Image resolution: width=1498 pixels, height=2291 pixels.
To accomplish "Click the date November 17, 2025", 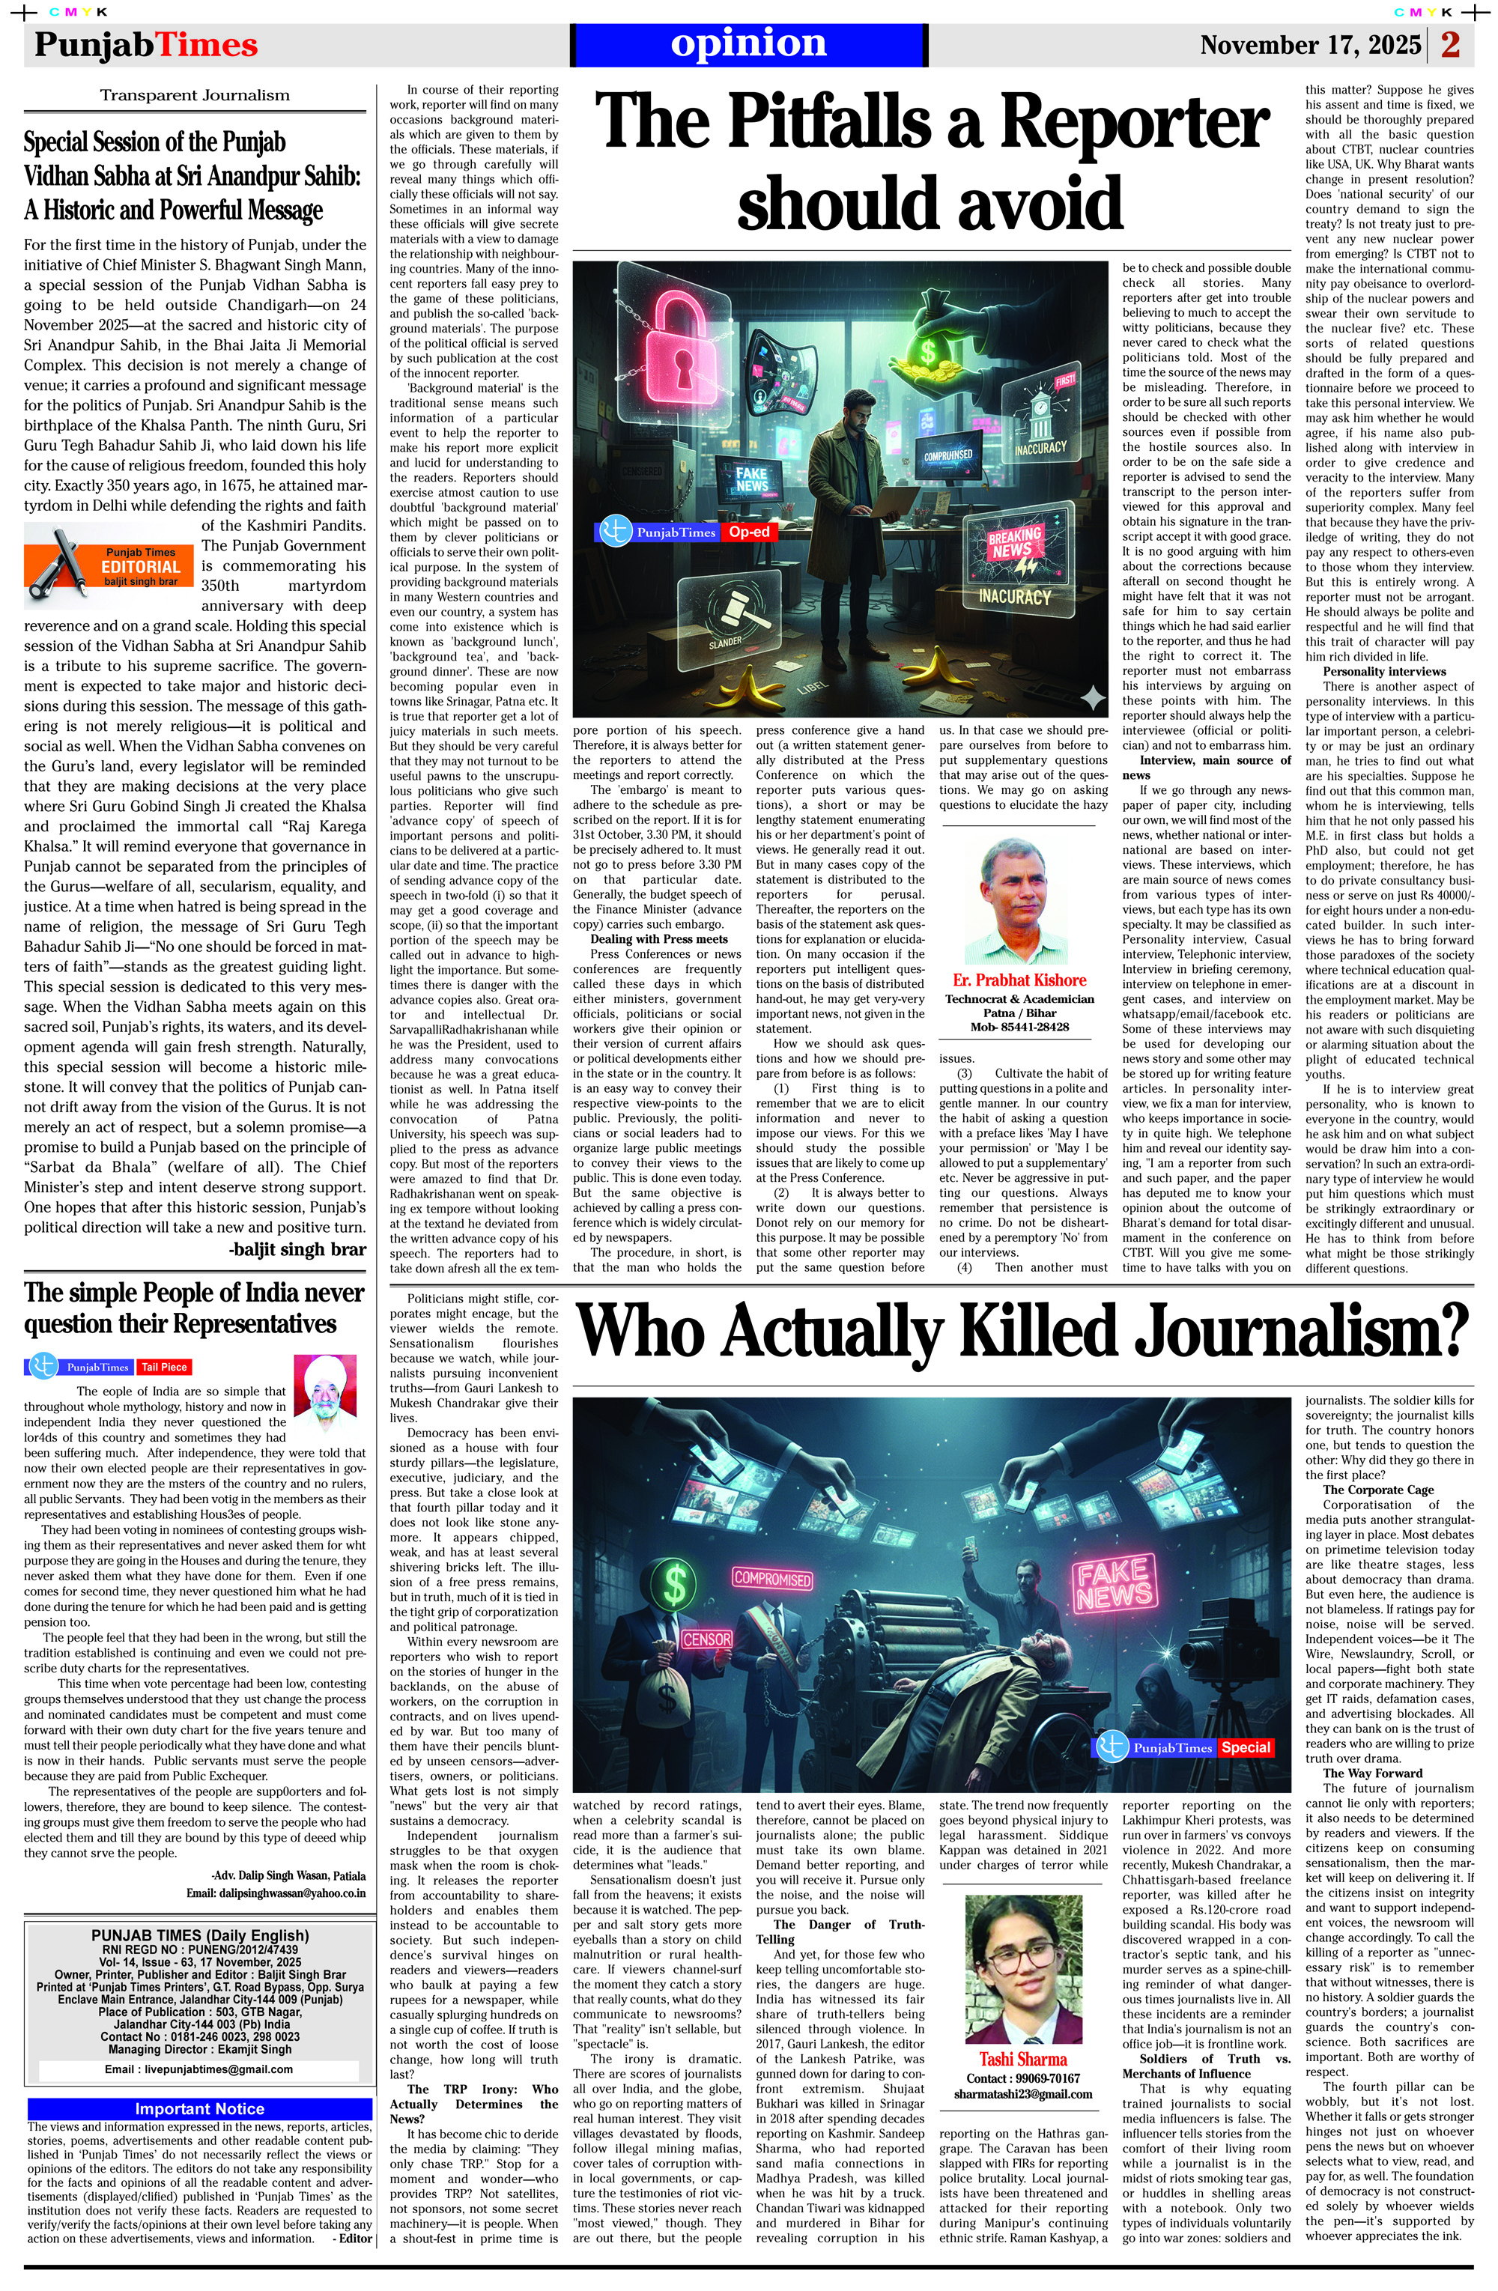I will [x=1309, y=45].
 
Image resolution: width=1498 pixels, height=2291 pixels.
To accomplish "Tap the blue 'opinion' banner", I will [x=748, y=44].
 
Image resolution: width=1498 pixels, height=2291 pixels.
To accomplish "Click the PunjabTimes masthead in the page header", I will [x=145, y=45].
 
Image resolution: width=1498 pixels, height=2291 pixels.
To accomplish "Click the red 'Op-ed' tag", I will [x=749, y=531].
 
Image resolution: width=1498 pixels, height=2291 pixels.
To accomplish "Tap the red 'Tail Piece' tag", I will [x=165, y=1367].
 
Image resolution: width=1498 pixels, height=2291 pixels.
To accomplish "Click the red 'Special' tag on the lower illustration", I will [x=1246, y=1747].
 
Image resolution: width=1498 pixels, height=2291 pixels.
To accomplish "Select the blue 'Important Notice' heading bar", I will [x=199, y=2108].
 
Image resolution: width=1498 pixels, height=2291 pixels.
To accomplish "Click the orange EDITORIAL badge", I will [x=141, y=566].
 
